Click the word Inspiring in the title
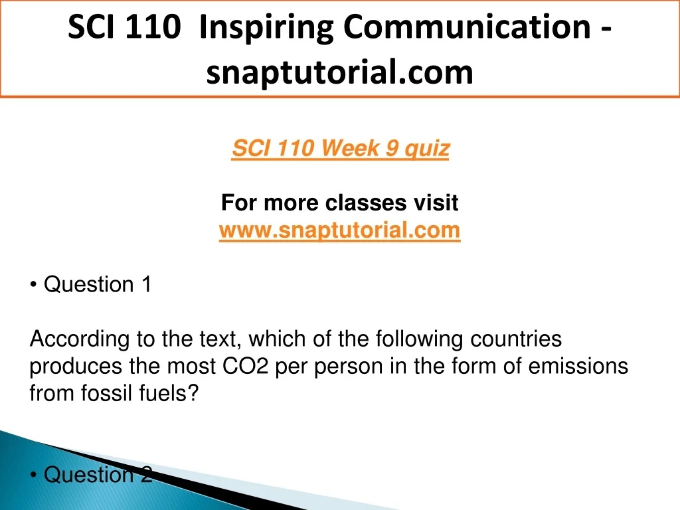click(266, 28)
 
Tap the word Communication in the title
click(467, 27)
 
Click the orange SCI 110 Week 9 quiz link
click(341, 149)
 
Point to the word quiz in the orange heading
click(427, 149)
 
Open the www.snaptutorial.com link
click(339, 230)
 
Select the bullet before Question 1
click(33, 286)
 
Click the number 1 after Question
click(147, 284)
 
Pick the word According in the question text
click(80, 339)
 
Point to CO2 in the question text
click(246, 366)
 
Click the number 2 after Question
click(147, 474)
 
